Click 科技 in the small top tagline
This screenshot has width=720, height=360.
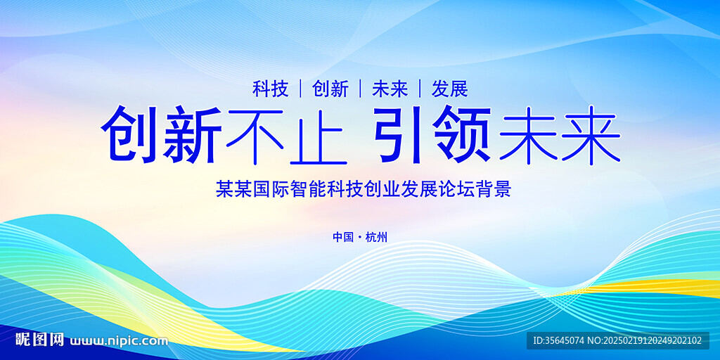tap(271, 89)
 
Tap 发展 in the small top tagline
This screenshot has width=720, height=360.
tap(449, 89)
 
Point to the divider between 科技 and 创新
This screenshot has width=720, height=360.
tap(300, 89)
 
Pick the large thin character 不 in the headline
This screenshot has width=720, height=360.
tap(255, 136)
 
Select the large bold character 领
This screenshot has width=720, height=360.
tap(462, 134)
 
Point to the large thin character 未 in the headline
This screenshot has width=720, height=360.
tap(529, 135)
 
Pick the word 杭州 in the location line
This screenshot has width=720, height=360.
tap(377, 238)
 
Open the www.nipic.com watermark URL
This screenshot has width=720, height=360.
tap(118, 341)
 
